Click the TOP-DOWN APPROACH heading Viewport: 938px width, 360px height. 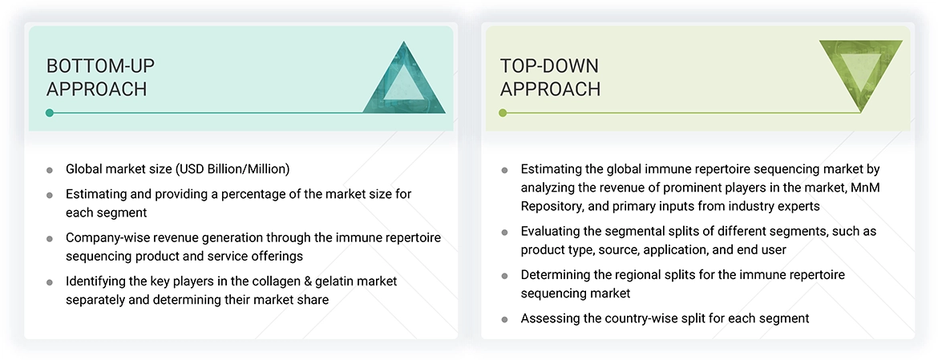550,77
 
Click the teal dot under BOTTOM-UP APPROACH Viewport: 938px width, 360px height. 50,113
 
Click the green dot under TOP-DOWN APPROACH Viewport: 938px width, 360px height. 503,113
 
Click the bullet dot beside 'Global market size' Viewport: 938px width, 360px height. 50,170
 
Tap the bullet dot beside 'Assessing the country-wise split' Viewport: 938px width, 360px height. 504,319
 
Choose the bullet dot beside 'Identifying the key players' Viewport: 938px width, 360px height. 50,282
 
